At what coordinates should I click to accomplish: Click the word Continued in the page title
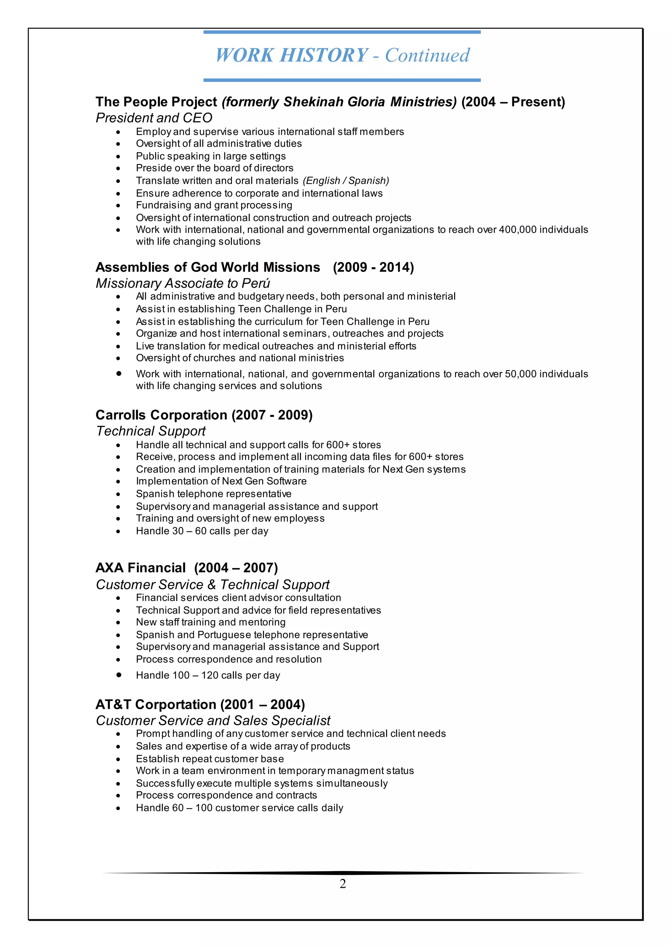[427, 56]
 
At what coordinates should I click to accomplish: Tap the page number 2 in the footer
[343, 884]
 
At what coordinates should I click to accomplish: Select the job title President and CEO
[154, 118]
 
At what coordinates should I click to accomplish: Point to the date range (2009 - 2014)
[373, 267]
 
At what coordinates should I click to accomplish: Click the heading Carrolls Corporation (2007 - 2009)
[204, 415]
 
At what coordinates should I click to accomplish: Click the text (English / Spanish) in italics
[346, 181]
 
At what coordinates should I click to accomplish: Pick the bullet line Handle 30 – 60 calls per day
[202, 531]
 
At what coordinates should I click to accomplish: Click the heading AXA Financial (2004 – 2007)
[186, 568]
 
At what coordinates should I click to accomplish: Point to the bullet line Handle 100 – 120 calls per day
[208, 675]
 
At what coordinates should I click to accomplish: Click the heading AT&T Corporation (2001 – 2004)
[200, 704]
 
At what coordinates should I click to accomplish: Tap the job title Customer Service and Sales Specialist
[213, 721]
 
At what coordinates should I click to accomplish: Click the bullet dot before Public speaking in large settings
[118, 157]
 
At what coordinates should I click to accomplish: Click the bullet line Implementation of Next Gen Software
[221, 481]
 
